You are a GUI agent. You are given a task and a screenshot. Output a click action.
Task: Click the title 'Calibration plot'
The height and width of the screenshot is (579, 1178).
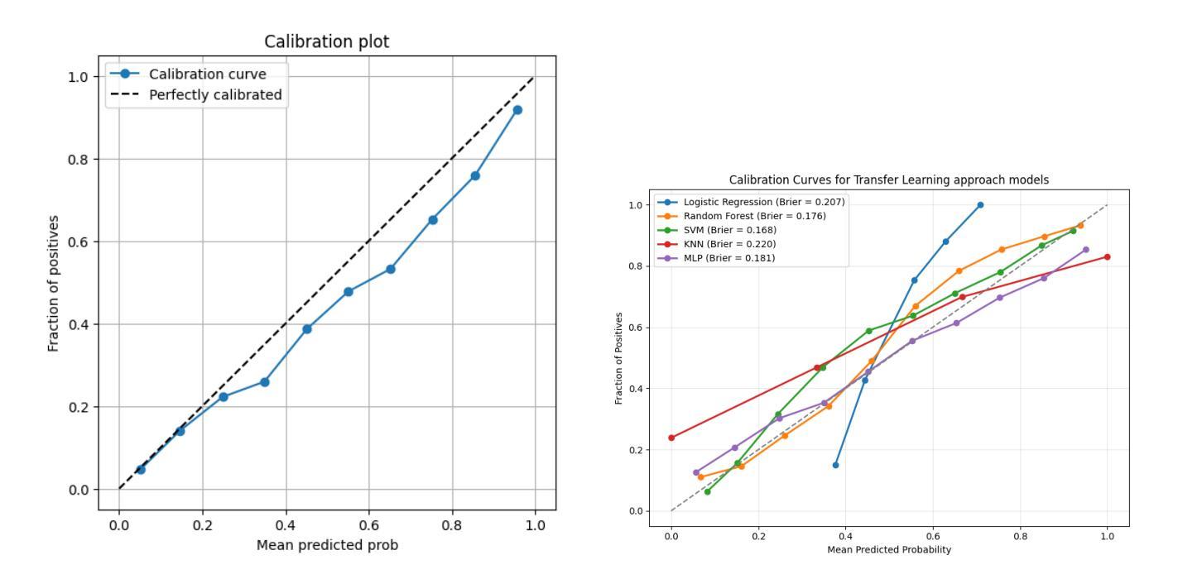coord(326,41)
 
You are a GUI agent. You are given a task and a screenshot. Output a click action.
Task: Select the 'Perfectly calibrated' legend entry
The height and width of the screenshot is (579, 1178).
coord(215,95)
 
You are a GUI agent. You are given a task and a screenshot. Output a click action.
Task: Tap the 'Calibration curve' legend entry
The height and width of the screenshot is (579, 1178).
coord(207,74)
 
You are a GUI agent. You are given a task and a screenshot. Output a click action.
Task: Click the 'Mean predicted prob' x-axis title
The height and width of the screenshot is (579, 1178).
coord(327,545)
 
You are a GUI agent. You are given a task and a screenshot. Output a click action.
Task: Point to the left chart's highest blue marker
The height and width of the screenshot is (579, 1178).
coord(517,110)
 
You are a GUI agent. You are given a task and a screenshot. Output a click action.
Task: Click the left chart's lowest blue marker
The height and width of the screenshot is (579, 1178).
coord(141,469)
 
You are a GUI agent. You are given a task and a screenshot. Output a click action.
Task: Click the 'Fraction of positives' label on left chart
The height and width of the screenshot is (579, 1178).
coord(54,283)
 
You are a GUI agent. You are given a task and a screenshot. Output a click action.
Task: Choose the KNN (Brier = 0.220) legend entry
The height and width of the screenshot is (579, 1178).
coord(729,244)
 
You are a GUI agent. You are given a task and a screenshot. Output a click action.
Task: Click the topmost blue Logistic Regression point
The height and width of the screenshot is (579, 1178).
coord(980,204)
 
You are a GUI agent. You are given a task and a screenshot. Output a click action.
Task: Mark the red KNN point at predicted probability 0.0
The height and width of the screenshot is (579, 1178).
coord(671,438)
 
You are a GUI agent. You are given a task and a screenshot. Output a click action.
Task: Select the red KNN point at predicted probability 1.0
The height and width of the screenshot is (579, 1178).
coord(1107,256)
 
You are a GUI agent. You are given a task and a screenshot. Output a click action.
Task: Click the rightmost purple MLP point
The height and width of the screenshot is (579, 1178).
coord(1085,249)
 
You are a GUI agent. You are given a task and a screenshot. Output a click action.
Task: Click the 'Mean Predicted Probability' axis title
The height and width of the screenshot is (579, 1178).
coord(889,550)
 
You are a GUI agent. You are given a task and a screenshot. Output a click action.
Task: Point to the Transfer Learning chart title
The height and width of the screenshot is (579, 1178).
coord(889,179)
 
